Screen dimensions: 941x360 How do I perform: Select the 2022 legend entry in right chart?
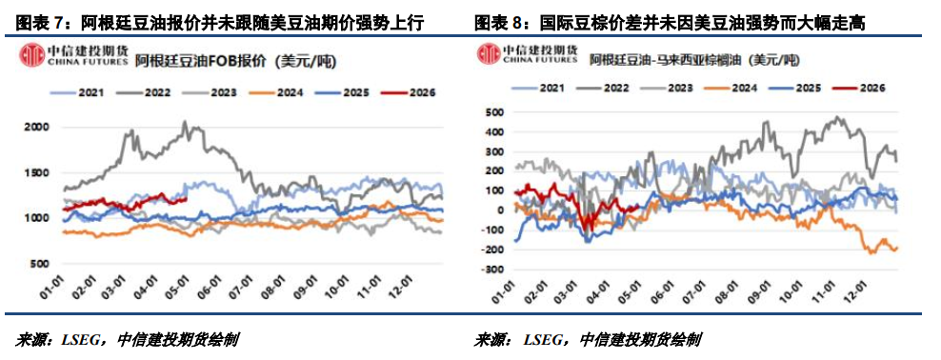(605, 89)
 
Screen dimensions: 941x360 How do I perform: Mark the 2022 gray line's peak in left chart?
(185, 122)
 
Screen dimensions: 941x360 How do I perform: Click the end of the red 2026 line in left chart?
(188, 199)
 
